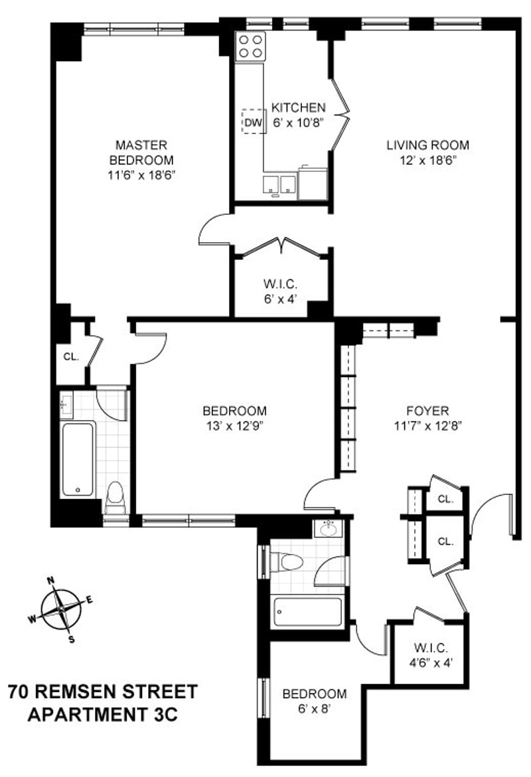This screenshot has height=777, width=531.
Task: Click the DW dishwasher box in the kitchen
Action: tap(254, 121)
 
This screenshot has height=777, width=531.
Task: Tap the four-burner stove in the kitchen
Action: tap(250, 46)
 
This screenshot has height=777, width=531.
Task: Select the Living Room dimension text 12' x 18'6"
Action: tap(428, 161)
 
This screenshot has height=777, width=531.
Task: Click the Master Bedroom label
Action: tap(141, 153)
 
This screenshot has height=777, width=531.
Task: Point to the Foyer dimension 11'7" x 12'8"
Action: tap(428, 426)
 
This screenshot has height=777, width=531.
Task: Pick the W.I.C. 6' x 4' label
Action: tap(281, 291)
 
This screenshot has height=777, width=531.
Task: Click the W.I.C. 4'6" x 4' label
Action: tap(431, 655)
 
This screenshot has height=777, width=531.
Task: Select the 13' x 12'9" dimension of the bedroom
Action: tap(234, 426)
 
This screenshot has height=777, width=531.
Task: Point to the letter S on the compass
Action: tap(72, 640)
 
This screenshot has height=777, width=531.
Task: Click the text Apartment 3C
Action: tap(103, 715)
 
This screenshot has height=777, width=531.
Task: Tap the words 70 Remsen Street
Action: tap(103, 691)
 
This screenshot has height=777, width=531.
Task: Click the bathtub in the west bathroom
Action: tap(78, 459)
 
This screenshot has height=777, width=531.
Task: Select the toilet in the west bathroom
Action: tap(115, 497)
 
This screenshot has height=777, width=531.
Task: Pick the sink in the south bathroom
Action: tap(328, 529)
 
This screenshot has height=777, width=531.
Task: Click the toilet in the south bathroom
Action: tap(287, 562)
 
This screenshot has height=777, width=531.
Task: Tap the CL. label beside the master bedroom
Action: tap(71, 356)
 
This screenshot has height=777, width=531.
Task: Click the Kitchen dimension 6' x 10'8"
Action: tap(299, 122)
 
